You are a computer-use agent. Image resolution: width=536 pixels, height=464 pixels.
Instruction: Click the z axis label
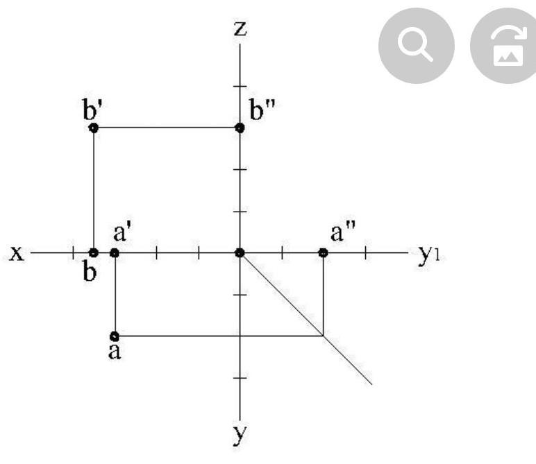[x=240, y=28]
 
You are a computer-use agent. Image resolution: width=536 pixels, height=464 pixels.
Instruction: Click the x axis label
[x=17, y=253]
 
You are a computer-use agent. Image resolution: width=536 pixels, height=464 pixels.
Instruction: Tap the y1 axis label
[x=431, y=255]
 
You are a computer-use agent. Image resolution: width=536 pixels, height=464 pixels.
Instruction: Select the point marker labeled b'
[x=94, y=128]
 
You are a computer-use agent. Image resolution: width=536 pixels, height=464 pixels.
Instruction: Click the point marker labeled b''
[x=240, y=128]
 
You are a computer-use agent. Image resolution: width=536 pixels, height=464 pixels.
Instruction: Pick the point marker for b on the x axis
[x=94, y=253]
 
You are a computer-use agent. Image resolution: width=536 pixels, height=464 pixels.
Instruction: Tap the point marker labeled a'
[x=115, y=253]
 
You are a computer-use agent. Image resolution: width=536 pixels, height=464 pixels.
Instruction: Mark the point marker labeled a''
[x=323, y=253]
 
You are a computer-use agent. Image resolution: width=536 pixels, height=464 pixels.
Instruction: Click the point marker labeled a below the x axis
[x=115, y=336]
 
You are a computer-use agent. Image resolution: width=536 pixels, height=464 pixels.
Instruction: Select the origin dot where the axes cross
[x=240, y=253]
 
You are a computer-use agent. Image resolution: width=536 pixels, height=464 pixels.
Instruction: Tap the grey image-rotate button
[x=505, y=46]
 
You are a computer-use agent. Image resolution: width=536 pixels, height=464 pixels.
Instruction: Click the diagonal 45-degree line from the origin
[x=305, y=318]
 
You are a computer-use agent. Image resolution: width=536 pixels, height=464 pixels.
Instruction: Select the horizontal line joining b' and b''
[x=167, y=128]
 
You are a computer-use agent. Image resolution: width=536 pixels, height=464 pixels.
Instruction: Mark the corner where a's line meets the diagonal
[x=323, y=336]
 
